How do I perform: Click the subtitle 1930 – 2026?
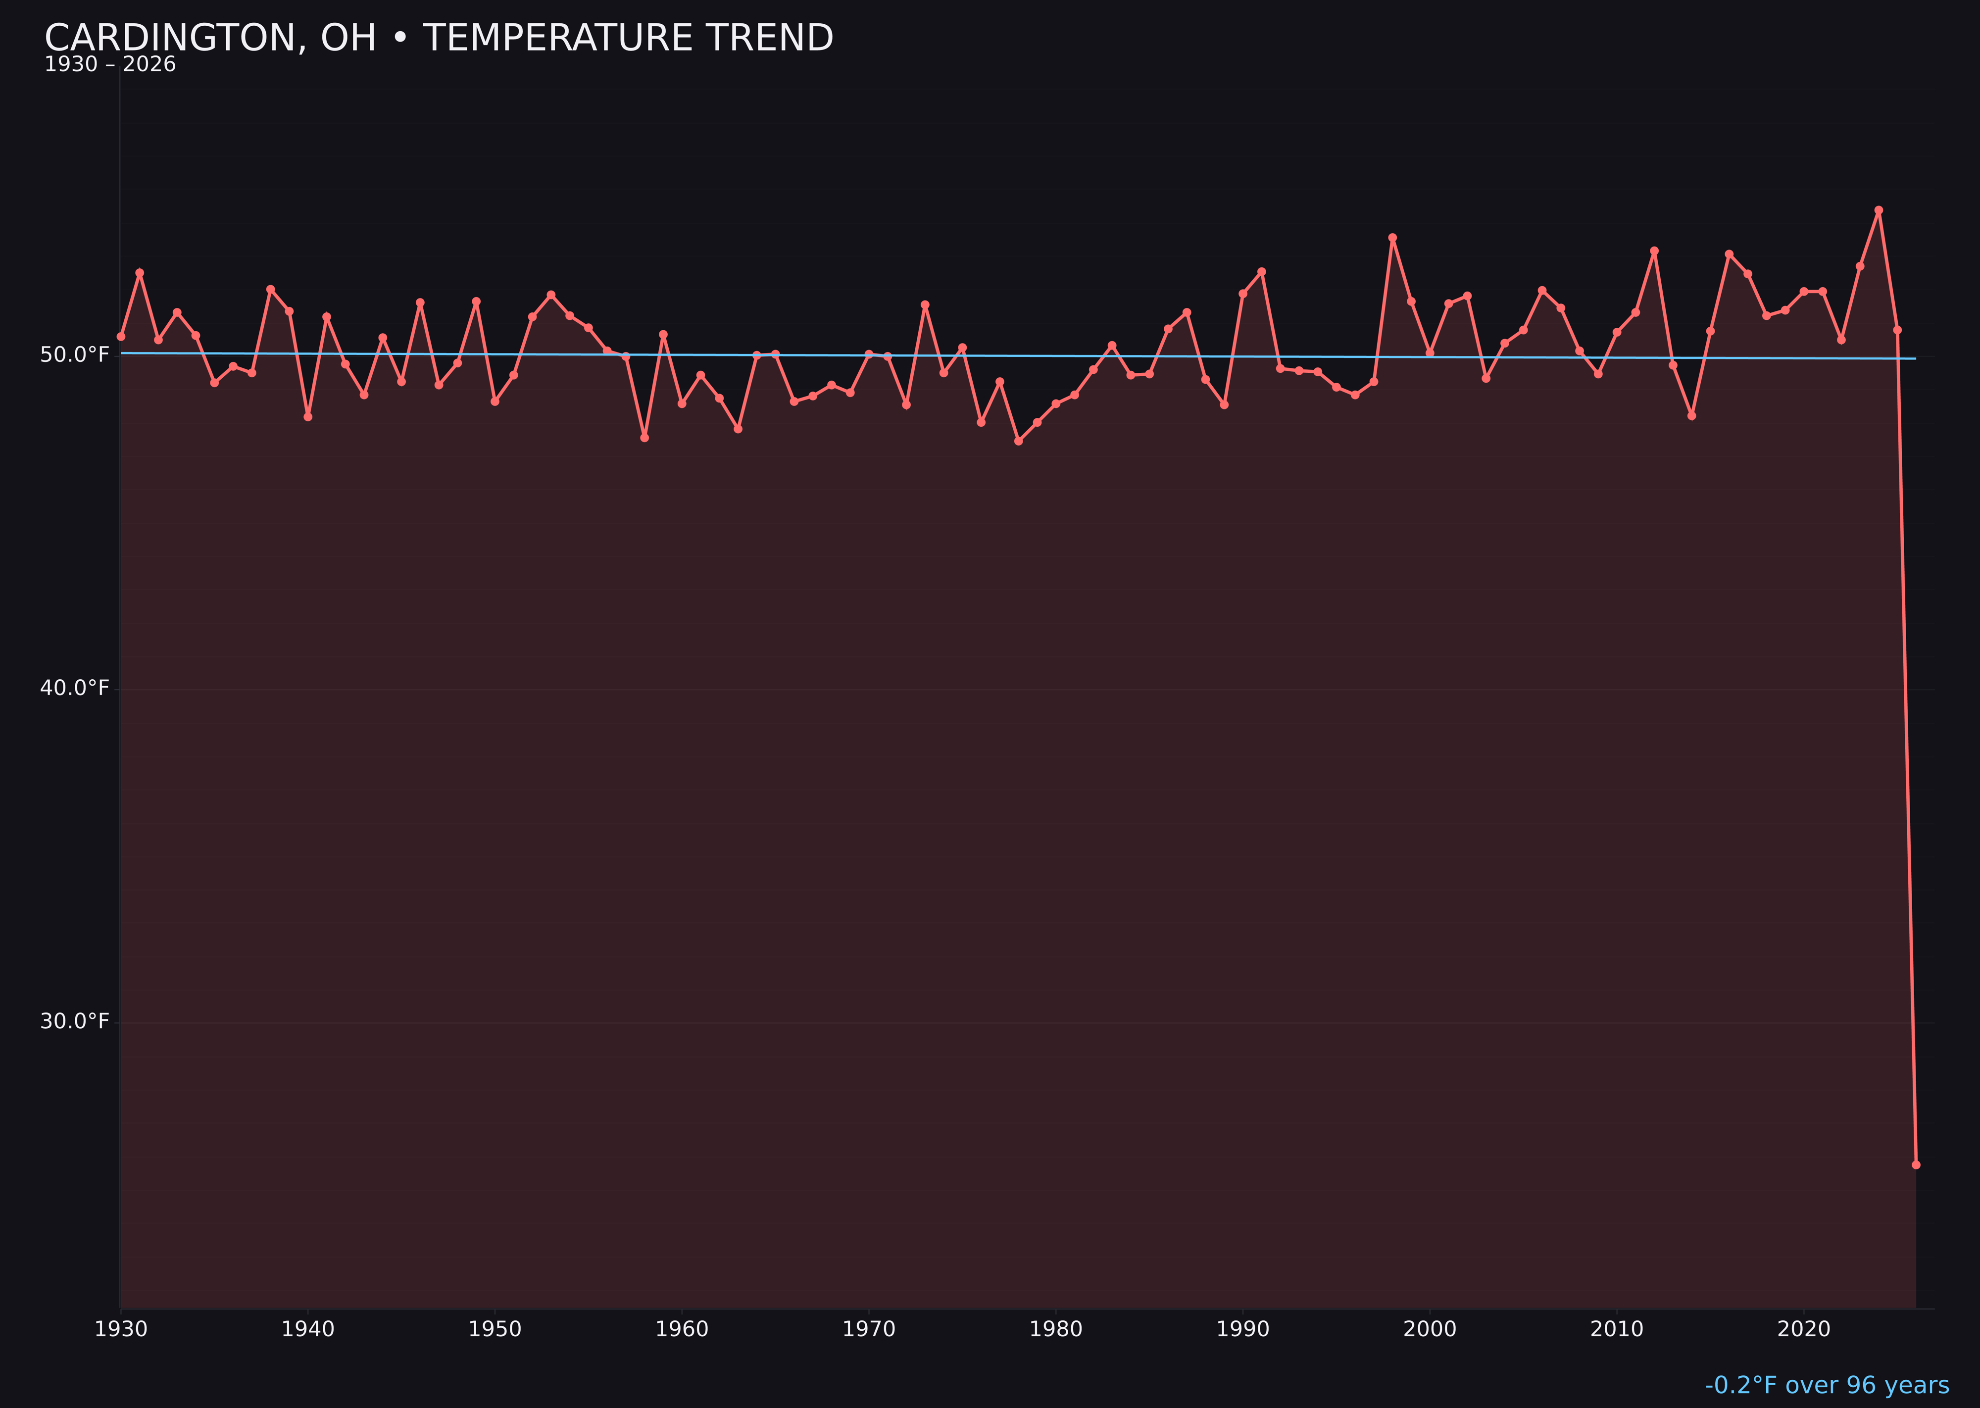110,65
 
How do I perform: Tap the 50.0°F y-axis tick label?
75,354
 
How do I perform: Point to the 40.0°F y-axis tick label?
75,688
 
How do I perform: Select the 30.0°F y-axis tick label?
75,1021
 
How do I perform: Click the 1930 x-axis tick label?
120,1329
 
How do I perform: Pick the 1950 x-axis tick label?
495,1329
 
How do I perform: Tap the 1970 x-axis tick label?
869,1329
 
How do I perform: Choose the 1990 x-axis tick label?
1243,1329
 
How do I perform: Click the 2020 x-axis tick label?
1804,1329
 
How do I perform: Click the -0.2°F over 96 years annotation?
1827,1385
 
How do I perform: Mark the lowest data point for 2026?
1916,1164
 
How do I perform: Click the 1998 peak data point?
1392,238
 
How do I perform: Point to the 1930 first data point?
120,336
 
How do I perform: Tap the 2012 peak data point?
1654,251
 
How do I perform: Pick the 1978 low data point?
1019,441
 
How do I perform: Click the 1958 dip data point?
644,438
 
